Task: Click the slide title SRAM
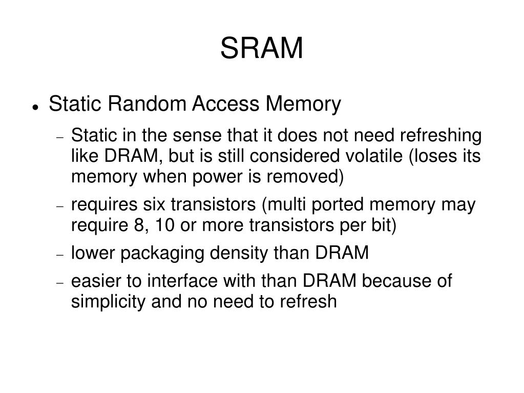tap(262, 49)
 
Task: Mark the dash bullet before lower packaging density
tap(59, 255)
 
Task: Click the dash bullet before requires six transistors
tap(59, 206)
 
